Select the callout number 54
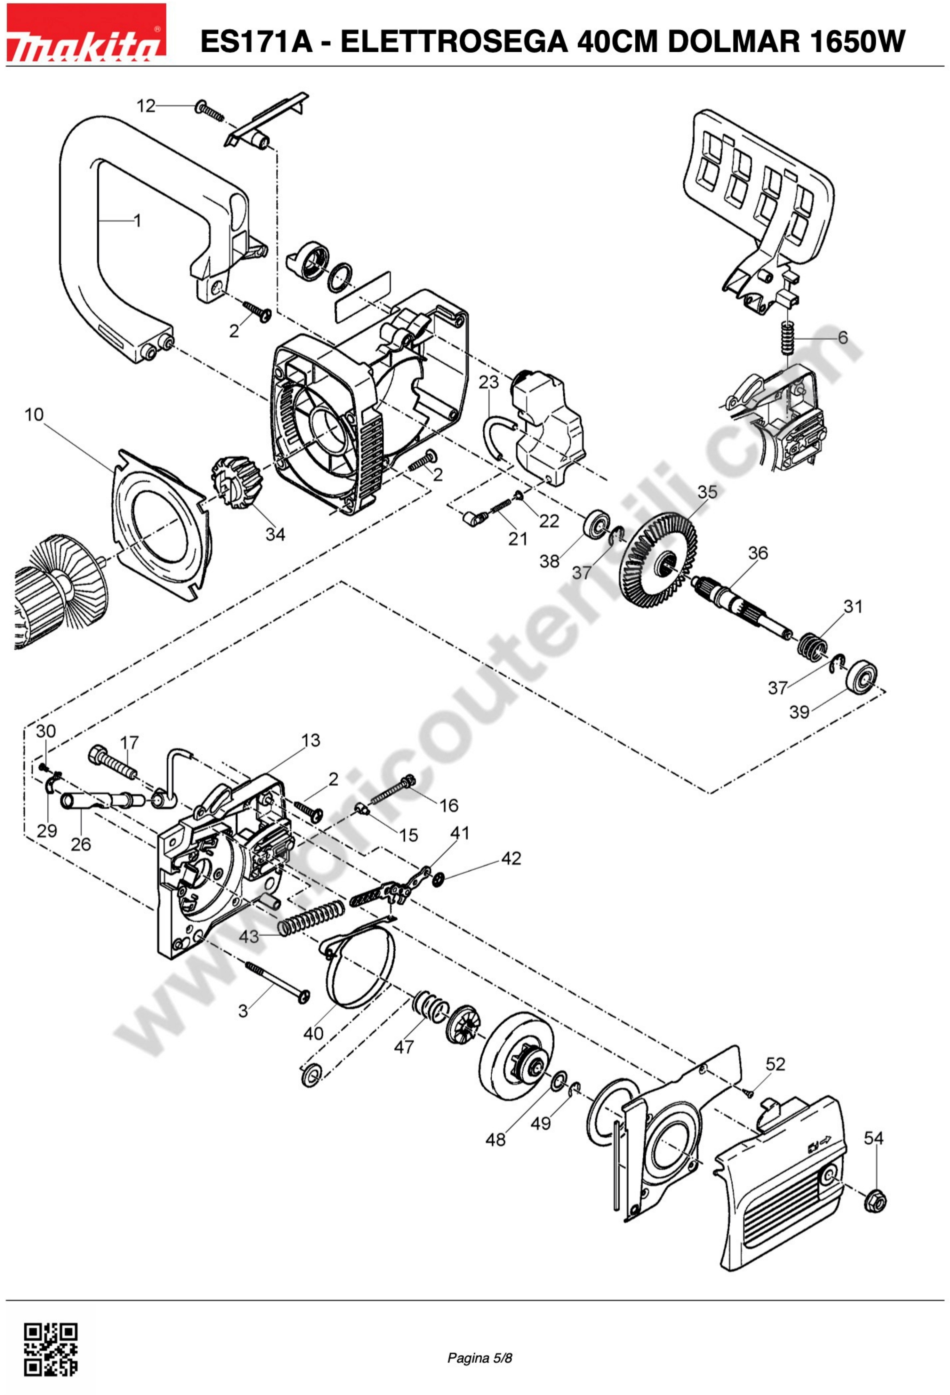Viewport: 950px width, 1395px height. pyautogui.click(x=873, y=1138)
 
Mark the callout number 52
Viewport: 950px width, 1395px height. pyautogui.click(x=775, y=1064)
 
